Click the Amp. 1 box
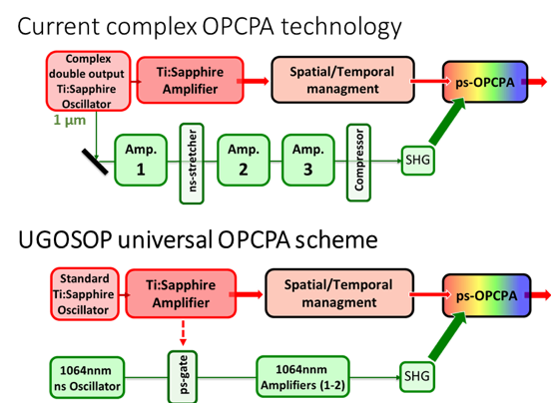pos(141,160)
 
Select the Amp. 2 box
pos(244,160)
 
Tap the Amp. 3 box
pos(307,160)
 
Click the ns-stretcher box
pos(192,164)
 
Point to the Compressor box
pos(358,163)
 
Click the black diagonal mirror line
pos(95,162)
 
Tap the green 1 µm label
pos(70,120)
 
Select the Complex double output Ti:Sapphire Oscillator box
pos(88,81)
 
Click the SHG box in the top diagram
pos(418,161)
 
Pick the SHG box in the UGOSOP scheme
pos(417,377)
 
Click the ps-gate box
pos(183,377)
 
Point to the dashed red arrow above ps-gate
pos(183,333)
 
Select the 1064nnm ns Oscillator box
pos(87,378)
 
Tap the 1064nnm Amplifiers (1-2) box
pos(302,377)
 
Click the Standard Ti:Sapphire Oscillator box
pos(84,294)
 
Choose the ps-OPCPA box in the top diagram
pos(485,82)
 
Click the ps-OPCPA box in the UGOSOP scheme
pos(487,295)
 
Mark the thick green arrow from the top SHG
pos(448,121)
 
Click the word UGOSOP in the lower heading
pos(65,239)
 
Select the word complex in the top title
pos(152,27)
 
